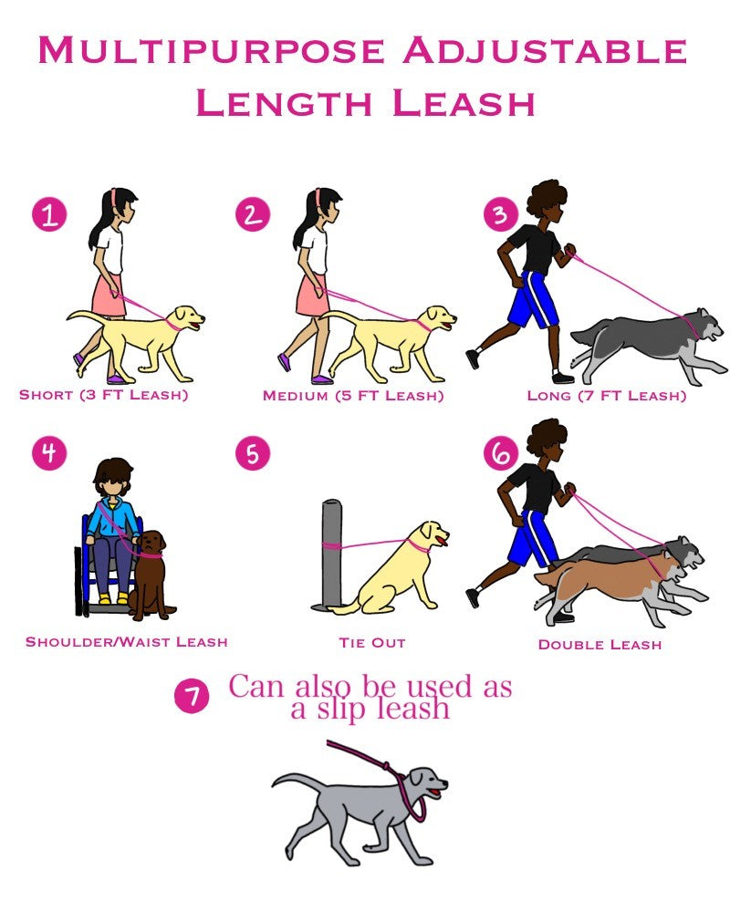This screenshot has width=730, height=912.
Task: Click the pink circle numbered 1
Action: [49, 214]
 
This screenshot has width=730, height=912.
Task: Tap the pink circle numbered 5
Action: [253, 452]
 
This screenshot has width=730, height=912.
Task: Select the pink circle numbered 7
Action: [192, 696]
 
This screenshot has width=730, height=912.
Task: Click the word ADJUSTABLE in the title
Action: [545, 50]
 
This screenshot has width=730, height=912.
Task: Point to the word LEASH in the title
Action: [464, 104]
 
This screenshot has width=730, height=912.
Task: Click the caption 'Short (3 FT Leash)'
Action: [104, 395]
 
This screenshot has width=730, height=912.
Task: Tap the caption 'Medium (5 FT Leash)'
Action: [353, 396]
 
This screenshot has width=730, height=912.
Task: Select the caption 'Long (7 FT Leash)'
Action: [607, 396]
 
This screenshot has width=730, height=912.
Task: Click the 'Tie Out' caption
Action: [372, 643]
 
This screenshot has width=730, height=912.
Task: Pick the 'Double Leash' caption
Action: [600, 645]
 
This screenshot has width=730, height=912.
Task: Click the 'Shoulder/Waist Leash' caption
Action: [126, 642]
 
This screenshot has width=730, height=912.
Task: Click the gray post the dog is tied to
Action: [331, 554]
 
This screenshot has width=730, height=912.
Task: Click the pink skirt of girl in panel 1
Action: [109, 295]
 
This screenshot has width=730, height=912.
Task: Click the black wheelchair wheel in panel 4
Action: [78, 582]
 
